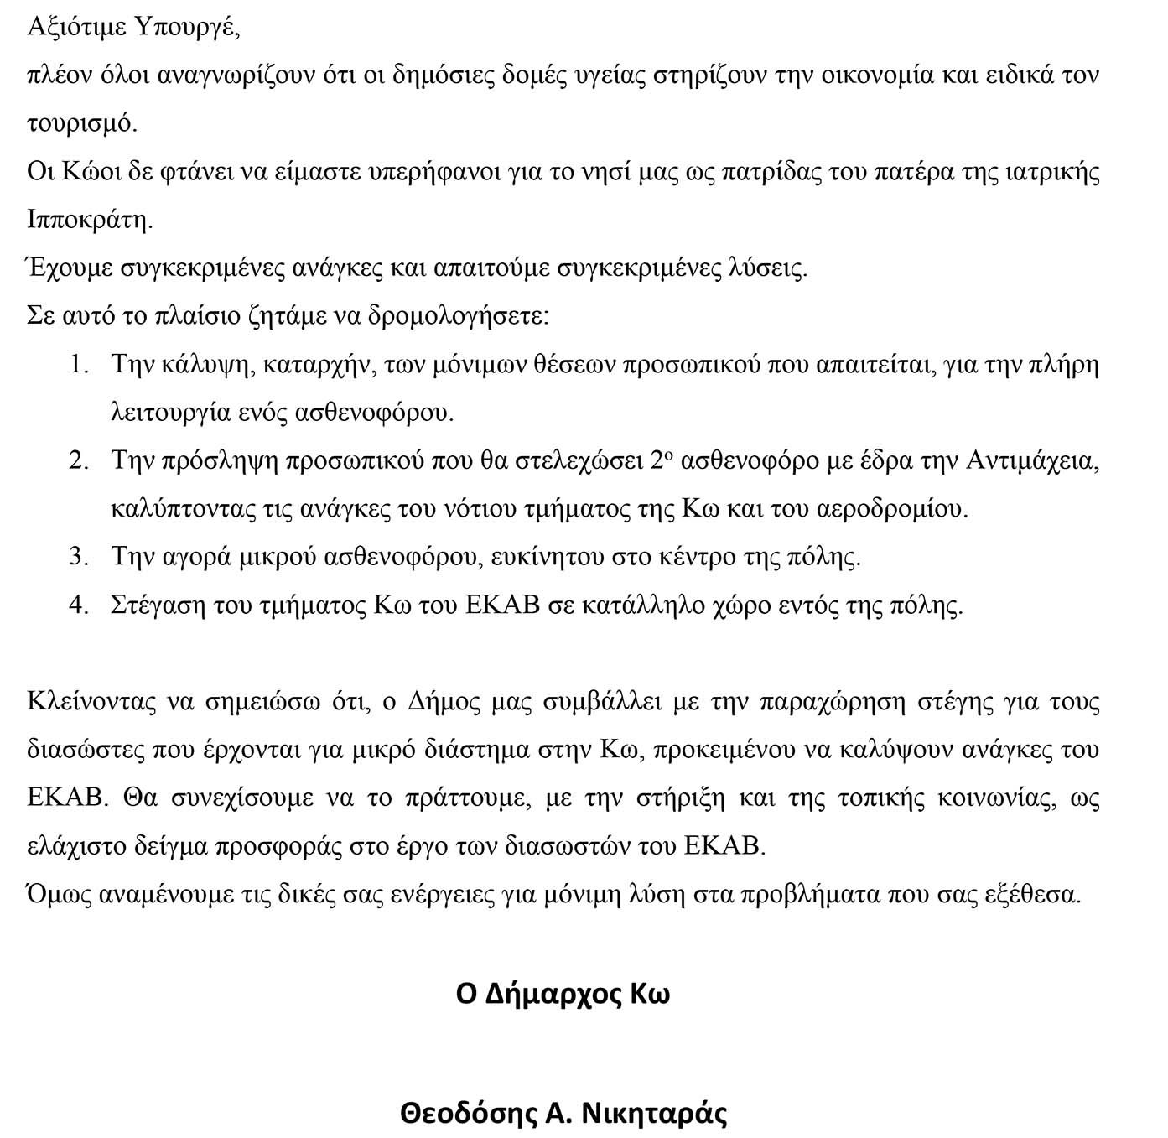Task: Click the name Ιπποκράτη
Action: pos(90,221)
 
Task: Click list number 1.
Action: pos(79,366)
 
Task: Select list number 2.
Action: pos(79,462)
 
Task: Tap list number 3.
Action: pos(79,558)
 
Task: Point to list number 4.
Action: pos(79,605)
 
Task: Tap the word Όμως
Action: pos(59,895)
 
